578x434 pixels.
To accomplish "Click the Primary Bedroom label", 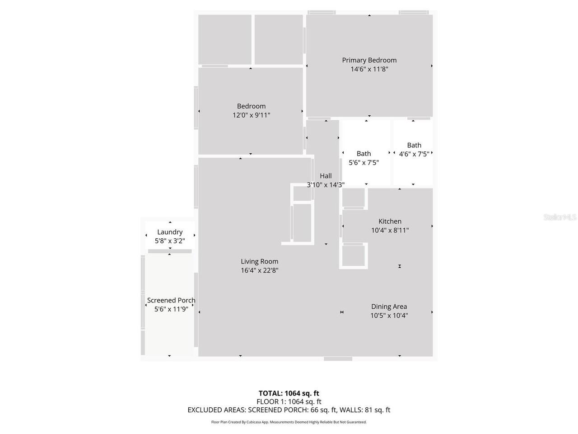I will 369,60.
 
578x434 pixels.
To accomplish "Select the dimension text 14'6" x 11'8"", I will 369,69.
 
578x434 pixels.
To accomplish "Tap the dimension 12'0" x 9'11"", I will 251,115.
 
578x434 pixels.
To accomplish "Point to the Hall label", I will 326,176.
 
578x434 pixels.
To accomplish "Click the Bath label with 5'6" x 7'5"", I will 364,154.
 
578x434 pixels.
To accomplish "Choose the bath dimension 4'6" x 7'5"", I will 414,154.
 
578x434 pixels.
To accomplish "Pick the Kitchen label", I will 390,221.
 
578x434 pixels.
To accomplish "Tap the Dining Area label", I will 389,307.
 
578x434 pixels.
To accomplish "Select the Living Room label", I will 259,261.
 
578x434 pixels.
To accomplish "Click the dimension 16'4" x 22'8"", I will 259,270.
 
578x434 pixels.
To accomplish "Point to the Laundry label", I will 170,232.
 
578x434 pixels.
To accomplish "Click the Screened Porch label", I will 171,300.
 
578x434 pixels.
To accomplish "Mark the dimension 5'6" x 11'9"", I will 171,309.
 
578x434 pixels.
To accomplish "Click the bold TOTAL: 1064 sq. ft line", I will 289,393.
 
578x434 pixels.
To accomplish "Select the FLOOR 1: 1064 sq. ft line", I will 289,401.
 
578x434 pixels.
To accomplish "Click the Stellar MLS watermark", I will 560,217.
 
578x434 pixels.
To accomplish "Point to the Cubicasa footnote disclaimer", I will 289,422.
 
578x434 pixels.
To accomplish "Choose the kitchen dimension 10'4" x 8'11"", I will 390,230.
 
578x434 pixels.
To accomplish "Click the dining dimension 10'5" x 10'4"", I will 389,316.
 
